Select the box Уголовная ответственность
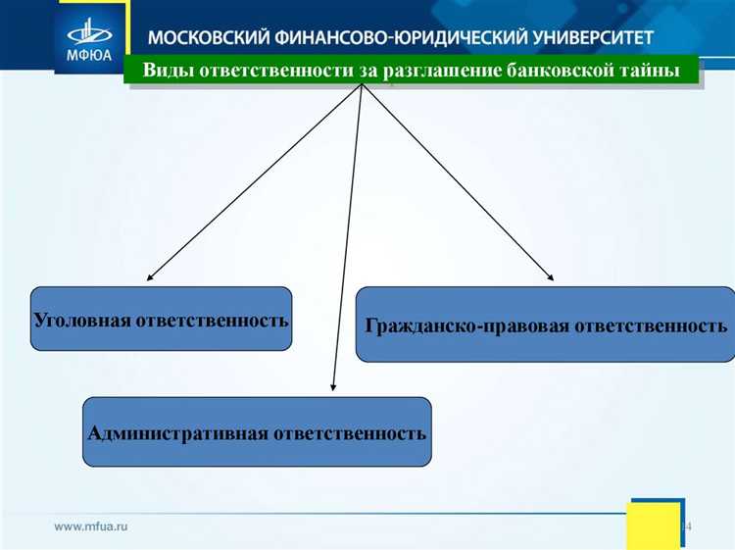162,319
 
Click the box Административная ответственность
257,431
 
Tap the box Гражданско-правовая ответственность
545,325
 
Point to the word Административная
177,432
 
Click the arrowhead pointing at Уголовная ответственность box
153,277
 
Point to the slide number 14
686,527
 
